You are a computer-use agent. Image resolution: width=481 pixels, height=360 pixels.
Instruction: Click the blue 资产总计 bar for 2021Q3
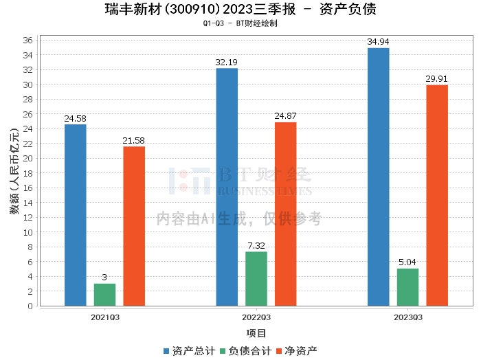(76, 215)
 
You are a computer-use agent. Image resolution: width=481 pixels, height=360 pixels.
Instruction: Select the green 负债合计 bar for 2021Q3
(104, 295)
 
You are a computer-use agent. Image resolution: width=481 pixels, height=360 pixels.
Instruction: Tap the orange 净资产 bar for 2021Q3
(134, 226)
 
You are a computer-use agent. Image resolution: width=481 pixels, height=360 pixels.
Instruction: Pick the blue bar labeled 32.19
(227, 187)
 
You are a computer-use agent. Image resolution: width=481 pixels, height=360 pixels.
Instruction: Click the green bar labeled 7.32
(256, 279)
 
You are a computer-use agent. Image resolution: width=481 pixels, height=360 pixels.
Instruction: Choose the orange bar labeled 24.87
(285, 214)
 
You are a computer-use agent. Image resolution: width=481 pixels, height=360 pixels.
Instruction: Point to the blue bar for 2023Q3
(378, 177)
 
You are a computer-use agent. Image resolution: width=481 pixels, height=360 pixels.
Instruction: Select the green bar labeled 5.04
(407, 287)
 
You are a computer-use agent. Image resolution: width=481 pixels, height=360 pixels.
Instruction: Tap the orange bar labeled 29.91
(436, 195)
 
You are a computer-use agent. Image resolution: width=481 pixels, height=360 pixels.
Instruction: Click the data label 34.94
(378, 42)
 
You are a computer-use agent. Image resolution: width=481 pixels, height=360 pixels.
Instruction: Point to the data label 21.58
(134, 141)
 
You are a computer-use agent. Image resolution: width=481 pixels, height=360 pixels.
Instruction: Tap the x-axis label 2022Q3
(256, 317)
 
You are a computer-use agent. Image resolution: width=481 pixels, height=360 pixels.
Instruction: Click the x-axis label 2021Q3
(105, 317)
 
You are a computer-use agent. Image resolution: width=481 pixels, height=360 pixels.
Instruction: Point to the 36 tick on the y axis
(27, 40)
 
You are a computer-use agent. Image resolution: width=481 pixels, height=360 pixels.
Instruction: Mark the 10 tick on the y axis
(27, 232)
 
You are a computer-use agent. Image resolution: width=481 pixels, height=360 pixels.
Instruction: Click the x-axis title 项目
(256, 333)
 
